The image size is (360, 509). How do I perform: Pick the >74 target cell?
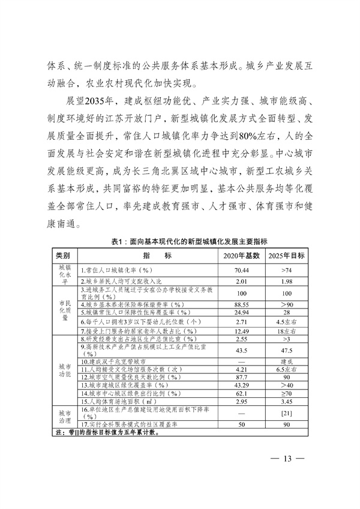coord(286,270)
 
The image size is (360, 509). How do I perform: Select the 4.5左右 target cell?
coord(286,322)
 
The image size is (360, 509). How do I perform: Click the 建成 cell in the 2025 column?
coord(286,362)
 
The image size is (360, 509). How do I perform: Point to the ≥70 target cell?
coord(286,393)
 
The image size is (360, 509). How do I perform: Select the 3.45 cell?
coord(286,402)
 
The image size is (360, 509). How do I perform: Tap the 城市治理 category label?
coord(63,418)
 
